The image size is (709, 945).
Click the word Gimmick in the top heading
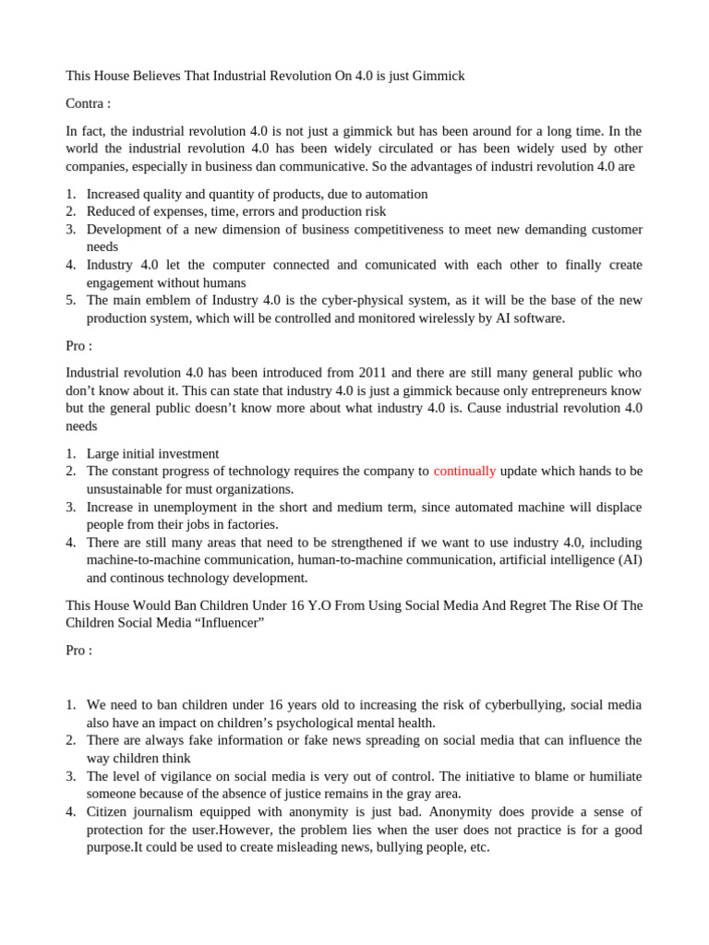tap(438, 76)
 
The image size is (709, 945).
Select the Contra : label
tap(89, 103)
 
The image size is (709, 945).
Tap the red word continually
tap(464, 471)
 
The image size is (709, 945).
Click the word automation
tap(394, 194)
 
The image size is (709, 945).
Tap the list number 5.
tap(70, 300)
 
